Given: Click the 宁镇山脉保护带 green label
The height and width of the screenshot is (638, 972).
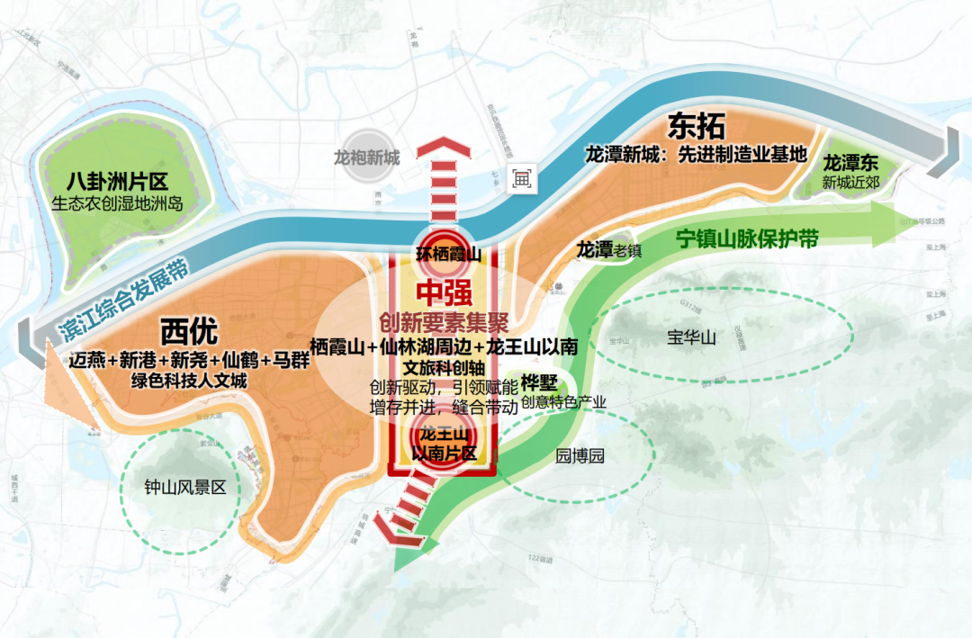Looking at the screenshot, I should point(747,239).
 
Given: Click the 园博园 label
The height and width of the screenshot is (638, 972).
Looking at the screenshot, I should point(580,455).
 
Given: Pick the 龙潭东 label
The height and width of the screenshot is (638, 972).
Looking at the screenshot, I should point(850,164).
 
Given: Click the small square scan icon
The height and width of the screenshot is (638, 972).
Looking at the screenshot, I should point(522,178).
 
